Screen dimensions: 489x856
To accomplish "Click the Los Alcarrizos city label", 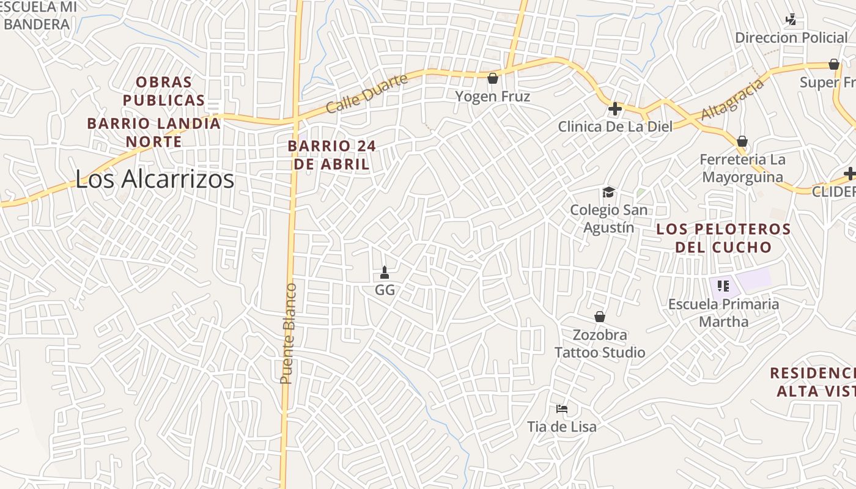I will point(155,179).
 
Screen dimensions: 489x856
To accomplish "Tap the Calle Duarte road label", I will point(366,94).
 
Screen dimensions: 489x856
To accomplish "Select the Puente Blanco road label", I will point(288,334).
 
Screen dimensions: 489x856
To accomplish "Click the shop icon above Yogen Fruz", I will point(493,78).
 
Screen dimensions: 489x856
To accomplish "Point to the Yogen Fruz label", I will point(493,97).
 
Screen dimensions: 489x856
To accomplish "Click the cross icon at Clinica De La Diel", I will point(615,109).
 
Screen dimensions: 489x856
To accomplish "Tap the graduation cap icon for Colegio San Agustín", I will point(608,193).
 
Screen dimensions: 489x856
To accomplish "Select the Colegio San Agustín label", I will point(608,219).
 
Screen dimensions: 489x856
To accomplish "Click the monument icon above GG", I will point(385,272).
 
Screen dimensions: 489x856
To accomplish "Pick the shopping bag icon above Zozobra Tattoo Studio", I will point(600,317).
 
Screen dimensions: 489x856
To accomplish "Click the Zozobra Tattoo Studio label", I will point(600,344).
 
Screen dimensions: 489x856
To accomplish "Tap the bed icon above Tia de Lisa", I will point(562,408).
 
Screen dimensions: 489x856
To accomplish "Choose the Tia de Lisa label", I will point(562,427).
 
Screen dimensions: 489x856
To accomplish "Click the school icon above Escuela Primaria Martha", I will point(723,286).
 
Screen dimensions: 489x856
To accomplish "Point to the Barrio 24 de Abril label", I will point(331,155).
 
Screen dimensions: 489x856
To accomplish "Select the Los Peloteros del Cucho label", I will point(723,238).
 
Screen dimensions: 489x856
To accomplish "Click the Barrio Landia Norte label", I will point(153,133).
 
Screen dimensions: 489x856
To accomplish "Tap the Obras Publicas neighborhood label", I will point(164,91).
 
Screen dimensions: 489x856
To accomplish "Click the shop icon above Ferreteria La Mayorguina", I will point(742,142).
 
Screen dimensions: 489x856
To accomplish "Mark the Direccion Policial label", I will point(791,38).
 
